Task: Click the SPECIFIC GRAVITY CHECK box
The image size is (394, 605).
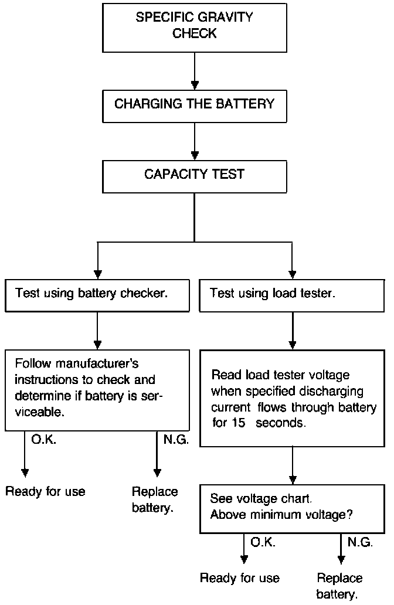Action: click(195, 26)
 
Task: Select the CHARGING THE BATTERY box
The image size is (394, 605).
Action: click(195, 104)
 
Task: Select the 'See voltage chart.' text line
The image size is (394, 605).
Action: click(260, 499)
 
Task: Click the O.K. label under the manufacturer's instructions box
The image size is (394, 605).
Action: click(43, 439)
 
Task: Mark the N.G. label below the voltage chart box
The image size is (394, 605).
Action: click(360, 543)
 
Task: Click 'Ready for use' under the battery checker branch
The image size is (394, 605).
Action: click(45, 491)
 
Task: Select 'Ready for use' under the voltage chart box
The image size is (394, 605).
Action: click(240, 578)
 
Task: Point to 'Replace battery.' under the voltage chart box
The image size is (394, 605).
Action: click(339, 586)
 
